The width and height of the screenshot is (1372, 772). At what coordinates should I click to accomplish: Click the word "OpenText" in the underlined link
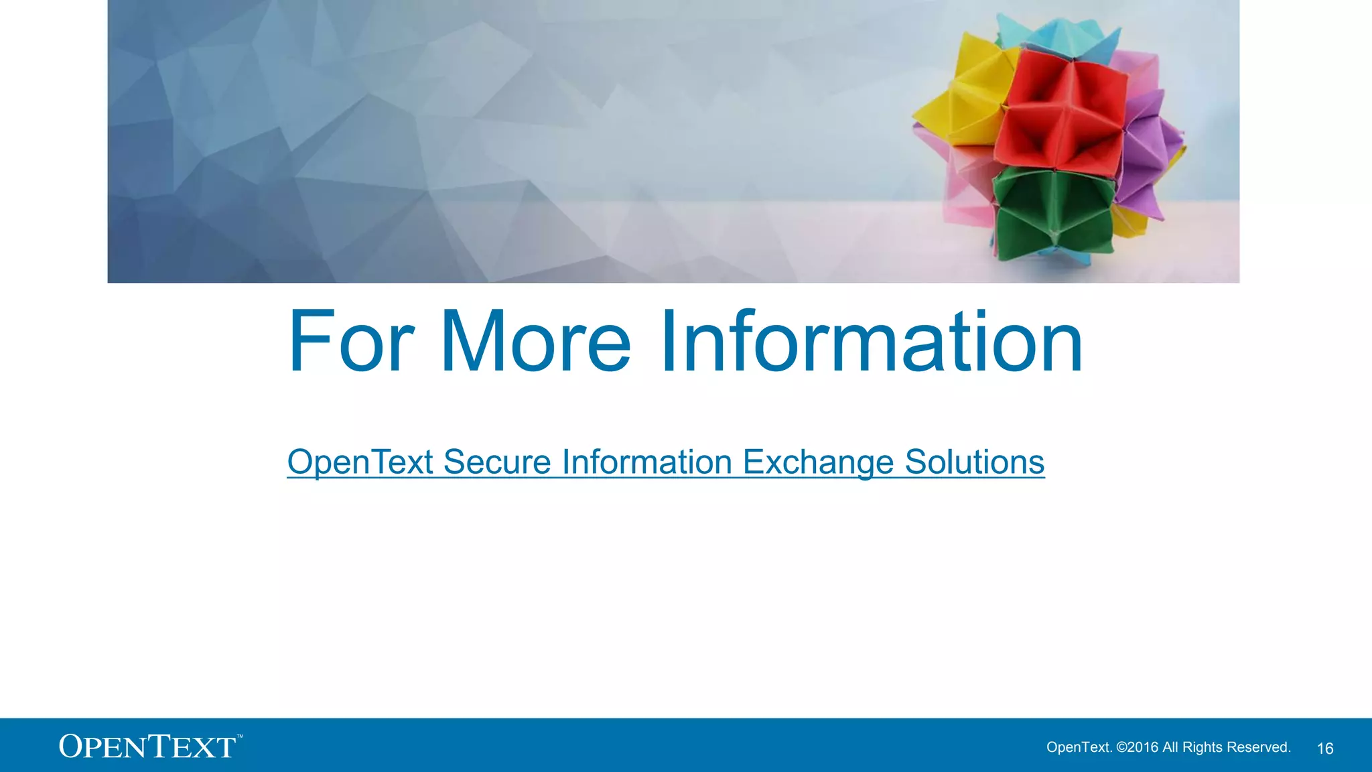click(x=360, y=462)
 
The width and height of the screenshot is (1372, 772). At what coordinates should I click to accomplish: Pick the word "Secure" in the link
click(x=496, y=462)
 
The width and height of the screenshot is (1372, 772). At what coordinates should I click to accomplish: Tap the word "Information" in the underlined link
click(x=646, y=462)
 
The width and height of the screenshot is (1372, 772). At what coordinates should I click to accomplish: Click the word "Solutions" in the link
click(x=974, y=462)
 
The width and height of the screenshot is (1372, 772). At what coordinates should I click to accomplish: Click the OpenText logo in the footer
click(x=147, y=747)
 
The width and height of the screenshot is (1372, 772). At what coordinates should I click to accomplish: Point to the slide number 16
click(x=1325, y=749)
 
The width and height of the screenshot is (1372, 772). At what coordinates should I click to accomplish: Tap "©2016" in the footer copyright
click(x=1138, y=747)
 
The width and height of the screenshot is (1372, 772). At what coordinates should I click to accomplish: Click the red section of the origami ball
click(x=1062, y=111)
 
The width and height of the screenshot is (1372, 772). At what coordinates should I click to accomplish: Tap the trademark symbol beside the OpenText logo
click(x=240, y=736)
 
